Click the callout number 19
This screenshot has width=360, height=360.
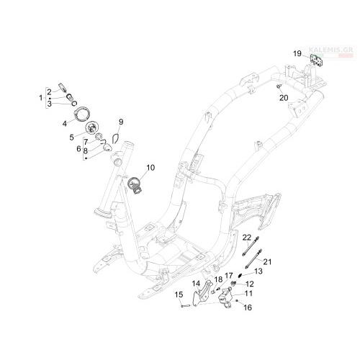coord(297,53)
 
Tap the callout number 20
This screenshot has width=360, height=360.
coord(284,98)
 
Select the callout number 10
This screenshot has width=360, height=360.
coord(150,168)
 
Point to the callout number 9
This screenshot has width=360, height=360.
coord(121,122)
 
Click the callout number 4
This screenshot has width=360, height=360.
coord(65,124)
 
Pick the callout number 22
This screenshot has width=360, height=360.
coord(247,238)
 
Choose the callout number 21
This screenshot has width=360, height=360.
coord(267,262)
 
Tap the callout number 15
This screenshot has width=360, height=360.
coord(179,294)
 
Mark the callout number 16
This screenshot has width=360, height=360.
coord(248,307)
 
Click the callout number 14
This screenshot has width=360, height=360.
coord(196,284)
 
